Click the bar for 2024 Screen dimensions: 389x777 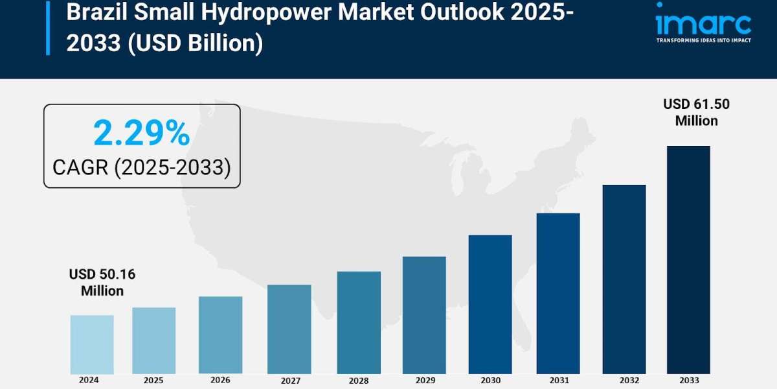[x=92, y=344]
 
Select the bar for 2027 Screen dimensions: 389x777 [x=289, y=329]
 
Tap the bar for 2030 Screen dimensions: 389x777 [x=490, y=304]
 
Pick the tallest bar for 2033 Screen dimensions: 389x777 [x=688, y=259]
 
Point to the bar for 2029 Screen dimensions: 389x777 [x=424, y=315]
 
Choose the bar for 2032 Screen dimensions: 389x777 [x=624, y=279]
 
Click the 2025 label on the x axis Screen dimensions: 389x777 [x=153, y=380]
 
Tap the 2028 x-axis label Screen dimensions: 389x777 [x=359, y=381]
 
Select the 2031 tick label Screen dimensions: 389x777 [x=558, y=381]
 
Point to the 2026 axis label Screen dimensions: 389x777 [x=220, y=380]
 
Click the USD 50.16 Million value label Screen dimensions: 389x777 [x=102, y=283]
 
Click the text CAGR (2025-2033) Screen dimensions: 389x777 [x=142, y=167]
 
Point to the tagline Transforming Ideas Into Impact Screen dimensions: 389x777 [x=703, y=40]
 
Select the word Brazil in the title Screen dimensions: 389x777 [x=90, y=12]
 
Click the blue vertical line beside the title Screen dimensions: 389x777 [x=48, y=27]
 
